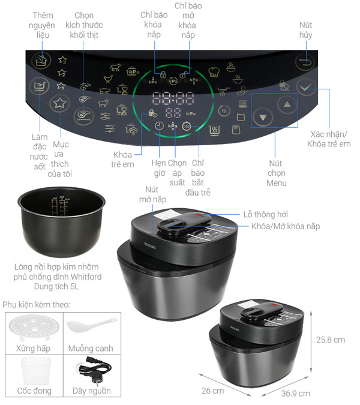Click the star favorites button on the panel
click(x=59, y=104)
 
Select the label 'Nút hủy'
click(x=306, y=31)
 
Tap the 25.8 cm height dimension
click(x=331, y=339)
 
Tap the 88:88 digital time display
click(x=173, y=98)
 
